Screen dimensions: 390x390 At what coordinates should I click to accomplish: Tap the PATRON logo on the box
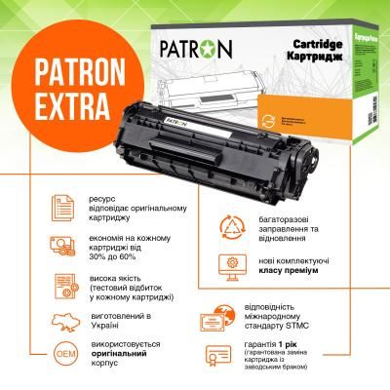click(x=175, y=47)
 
